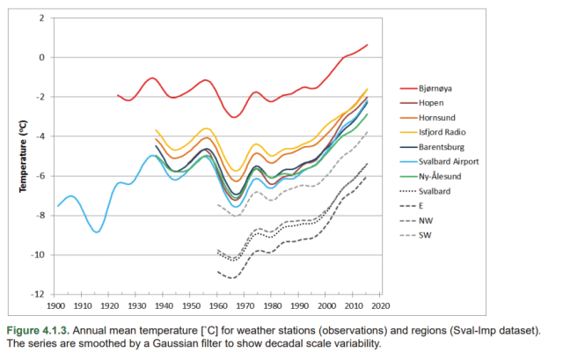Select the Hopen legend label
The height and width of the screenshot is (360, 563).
point(437,103)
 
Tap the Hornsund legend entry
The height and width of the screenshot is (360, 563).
point(442,117)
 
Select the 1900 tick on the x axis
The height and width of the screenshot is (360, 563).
point(55,305)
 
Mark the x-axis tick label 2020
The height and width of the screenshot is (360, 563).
point(381,305)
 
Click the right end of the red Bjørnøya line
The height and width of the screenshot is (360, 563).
point(367,44)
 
